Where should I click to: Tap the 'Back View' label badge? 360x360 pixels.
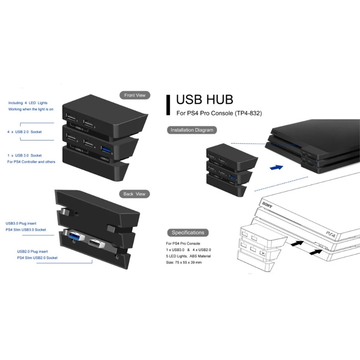click(x=134, y=194)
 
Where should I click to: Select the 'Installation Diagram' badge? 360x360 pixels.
click(x=192, y=130)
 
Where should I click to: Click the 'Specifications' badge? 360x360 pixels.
click(x=188, y=233)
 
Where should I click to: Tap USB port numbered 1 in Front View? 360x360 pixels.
click(x=71, y=118)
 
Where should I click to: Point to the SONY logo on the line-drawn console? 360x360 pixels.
click(x=266, y=206)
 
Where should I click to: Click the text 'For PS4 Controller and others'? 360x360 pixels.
click(x=31, y=162)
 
